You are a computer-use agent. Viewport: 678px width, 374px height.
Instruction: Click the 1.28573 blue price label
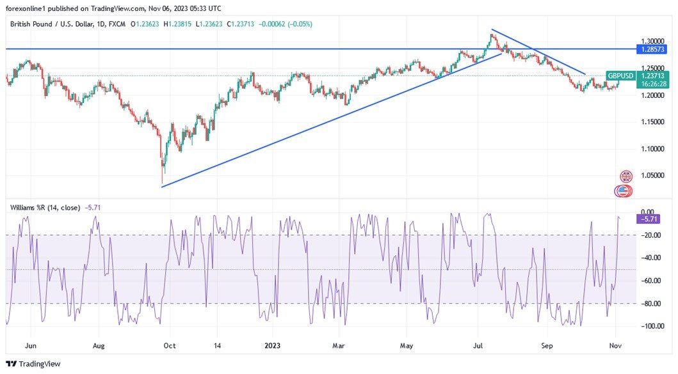[652, 49]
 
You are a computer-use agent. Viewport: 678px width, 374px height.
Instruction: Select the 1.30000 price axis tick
[652, 40]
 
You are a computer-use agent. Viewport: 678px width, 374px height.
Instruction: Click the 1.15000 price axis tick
[652, 121]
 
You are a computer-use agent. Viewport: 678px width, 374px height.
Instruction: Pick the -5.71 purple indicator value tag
[650, 219]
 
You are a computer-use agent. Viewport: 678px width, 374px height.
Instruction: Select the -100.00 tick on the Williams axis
[650, 326]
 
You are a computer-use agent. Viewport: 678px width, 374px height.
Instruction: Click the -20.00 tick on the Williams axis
[650, 235]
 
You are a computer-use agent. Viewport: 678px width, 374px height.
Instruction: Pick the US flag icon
[623, 190]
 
